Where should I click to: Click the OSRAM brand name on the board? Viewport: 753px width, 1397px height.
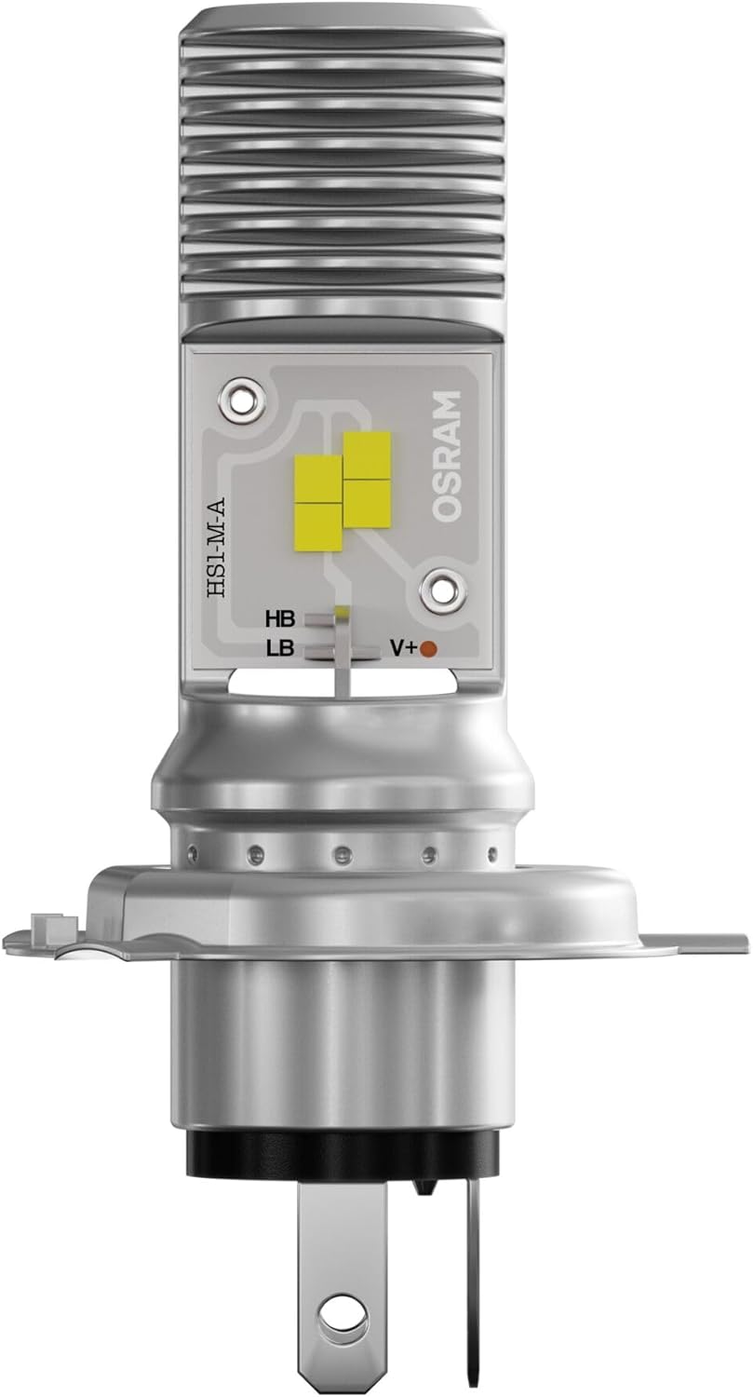447,456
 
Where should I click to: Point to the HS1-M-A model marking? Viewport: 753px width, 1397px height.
218,545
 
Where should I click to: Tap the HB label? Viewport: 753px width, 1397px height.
279,620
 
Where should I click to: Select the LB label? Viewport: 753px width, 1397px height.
279,648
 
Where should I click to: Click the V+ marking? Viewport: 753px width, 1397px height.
402,648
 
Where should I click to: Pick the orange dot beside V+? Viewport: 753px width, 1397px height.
428,648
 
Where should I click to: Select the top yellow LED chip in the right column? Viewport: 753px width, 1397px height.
367,454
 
